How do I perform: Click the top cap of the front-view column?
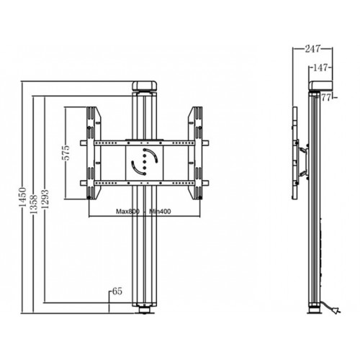tap(144, 86)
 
